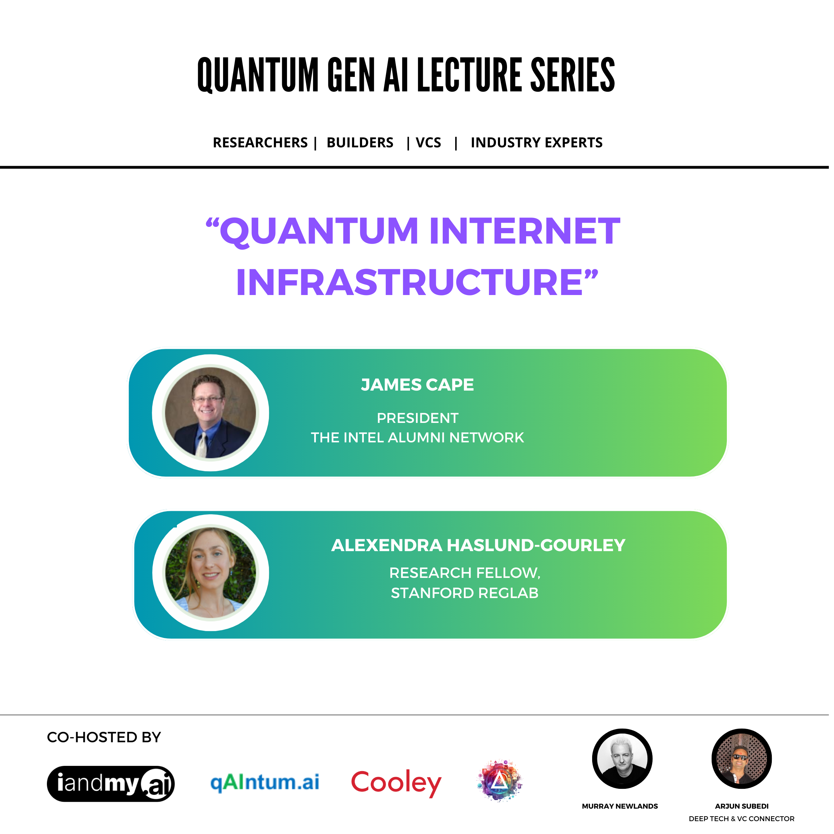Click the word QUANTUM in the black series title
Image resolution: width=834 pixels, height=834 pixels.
(x=258, y=75)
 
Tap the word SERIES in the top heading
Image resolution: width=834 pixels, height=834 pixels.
(x=572, y=75)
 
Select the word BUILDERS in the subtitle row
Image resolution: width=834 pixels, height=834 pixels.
(x=360, y=142)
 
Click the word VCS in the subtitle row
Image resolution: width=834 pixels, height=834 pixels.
(x=428, y=142)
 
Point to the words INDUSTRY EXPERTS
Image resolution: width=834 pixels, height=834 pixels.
(x=537, y=142)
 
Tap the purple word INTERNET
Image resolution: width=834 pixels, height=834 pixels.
(x=524, y=231)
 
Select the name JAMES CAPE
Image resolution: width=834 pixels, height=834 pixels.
(x=417, y=385)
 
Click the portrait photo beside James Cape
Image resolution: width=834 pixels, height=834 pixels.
(x=211, y=413)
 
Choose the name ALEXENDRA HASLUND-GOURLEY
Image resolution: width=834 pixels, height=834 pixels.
(x=478, y=545)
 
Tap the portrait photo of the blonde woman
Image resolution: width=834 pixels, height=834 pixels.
(x=211, y=573)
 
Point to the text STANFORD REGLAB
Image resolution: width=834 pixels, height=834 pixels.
(x=465, y=593)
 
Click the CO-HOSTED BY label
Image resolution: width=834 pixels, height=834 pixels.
(x=104, y=737)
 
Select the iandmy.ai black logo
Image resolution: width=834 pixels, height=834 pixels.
(x=111, y=784)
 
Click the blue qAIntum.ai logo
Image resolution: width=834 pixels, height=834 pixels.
(x=264, y=783)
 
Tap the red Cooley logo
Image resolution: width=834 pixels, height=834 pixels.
(x=396, y=783)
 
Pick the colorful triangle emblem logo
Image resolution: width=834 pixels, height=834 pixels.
(x=499, y=780)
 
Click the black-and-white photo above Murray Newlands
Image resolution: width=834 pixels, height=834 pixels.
(x=622, y=759)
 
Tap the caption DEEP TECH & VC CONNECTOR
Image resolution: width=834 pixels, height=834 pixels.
(x=742, y=818)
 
